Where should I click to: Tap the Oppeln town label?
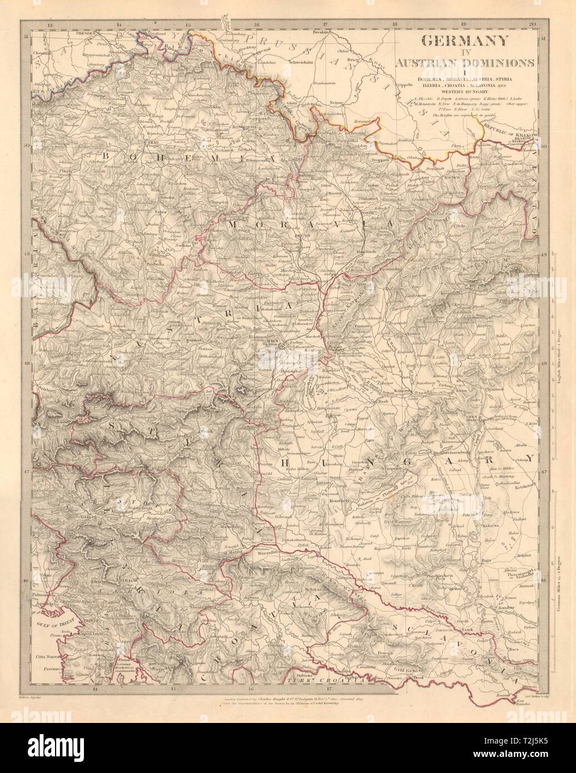point(388,86)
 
